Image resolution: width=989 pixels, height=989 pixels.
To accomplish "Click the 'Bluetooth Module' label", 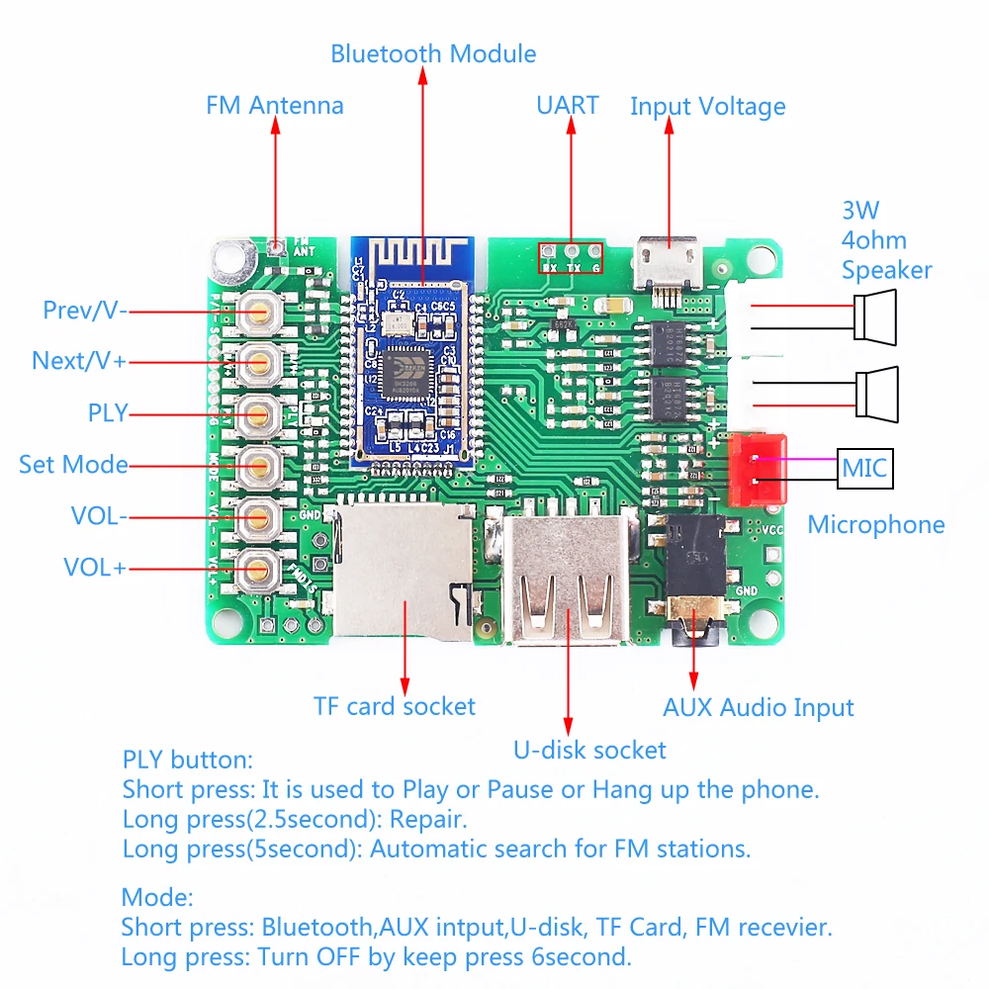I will [433, 53].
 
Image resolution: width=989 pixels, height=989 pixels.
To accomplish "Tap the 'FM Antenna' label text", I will [275, 105].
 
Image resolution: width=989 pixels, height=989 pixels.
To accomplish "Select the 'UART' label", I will [568, 105].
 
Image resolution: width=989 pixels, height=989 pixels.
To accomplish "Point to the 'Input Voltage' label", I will [708, 106].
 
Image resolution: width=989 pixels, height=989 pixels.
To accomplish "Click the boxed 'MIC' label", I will [865, 468].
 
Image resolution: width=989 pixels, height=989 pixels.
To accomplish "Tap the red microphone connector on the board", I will [757, 469].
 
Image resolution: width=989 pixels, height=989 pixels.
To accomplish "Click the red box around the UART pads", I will [570, 260].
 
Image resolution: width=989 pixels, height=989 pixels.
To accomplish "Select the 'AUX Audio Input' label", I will [759, 707].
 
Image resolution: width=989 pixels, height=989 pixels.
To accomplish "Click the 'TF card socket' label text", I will [395, 706].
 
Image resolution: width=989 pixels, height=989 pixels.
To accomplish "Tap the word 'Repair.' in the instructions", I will [427, 819].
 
